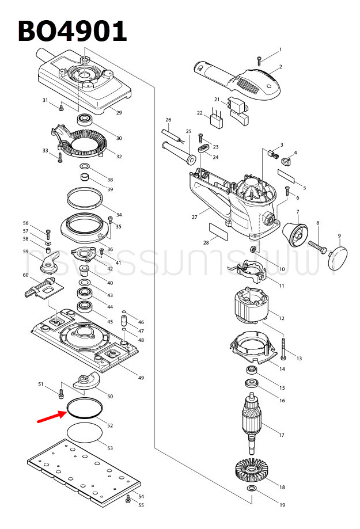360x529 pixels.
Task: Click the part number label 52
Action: pyautogui.click(x=110, y=426)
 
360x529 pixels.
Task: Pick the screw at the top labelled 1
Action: pyautogui.click(x=260, y=59)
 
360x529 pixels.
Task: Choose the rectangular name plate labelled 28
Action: pyautogui.click(x=218, y=231)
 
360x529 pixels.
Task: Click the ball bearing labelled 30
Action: pyautogui.click(x=86, y=121)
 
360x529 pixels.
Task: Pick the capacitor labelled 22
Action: pyautogui.click(x=218, y=122)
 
